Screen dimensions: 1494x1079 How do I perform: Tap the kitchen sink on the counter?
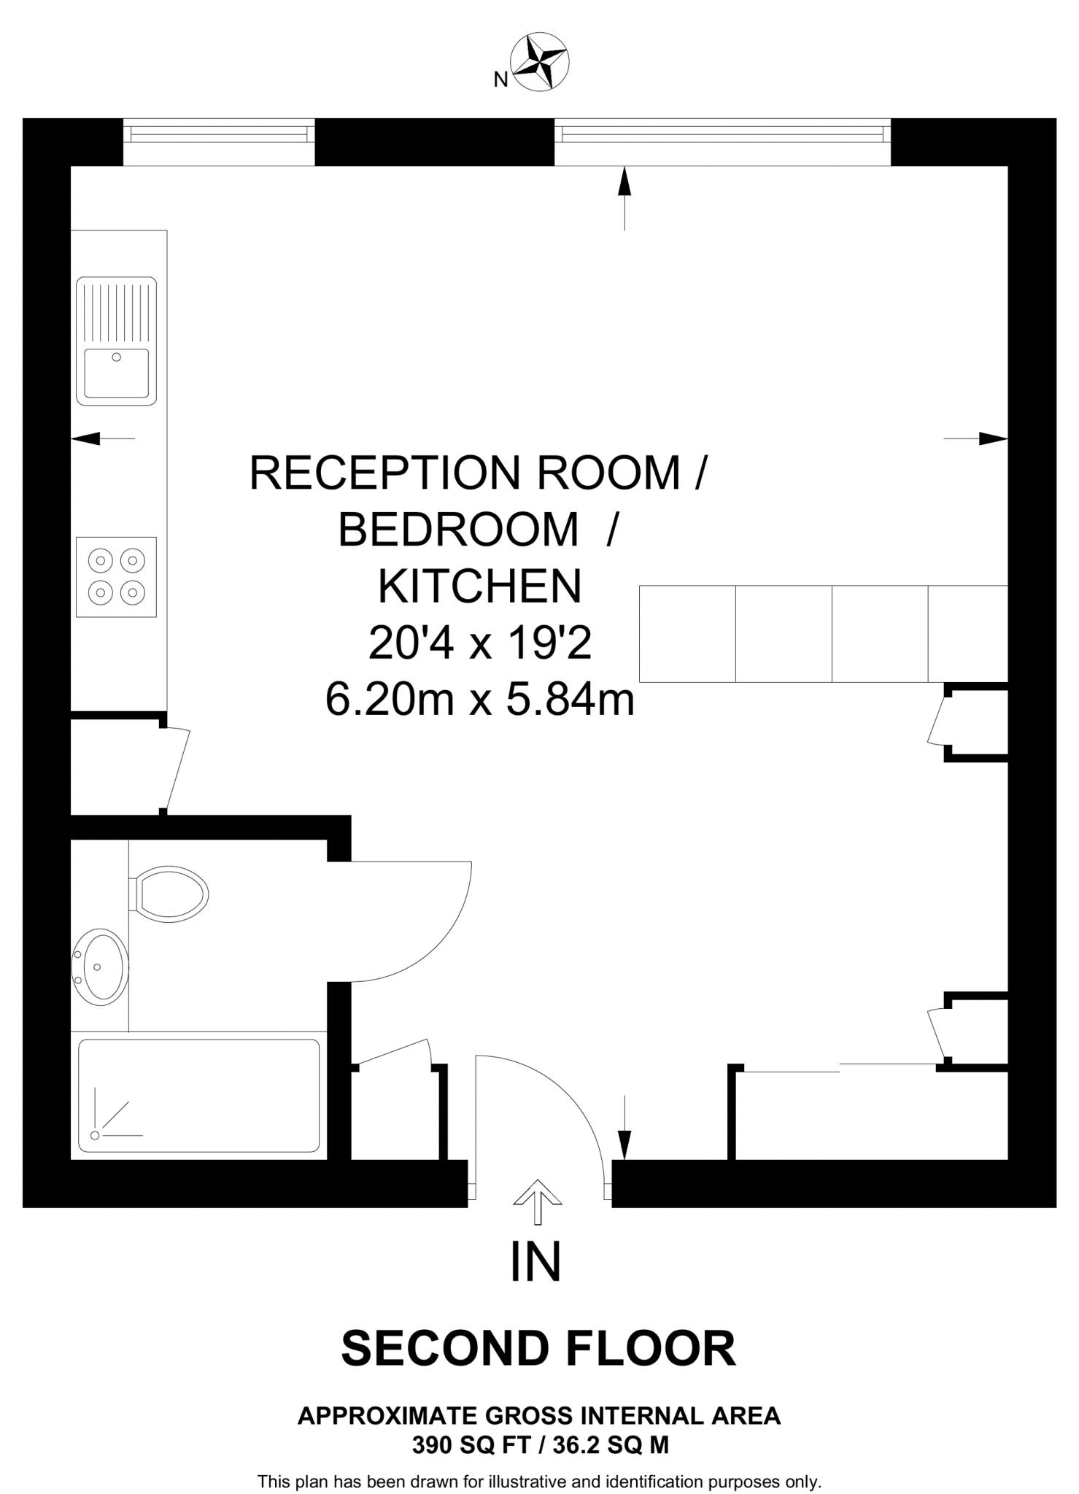(116, 341)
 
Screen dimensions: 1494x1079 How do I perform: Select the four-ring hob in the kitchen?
(116, 576)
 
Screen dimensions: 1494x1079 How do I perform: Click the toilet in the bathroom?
(170, 894)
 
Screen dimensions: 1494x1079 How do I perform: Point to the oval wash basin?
(101, 967)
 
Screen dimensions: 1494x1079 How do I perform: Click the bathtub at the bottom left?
(198, 1095)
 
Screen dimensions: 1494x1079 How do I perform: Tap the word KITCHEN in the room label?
(479, 586)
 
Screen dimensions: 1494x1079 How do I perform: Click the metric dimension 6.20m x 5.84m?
(479, 700)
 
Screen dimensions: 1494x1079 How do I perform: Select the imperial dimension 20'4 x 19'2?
(479, 643)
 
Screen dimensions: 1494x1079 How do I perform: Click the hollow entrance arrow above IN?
(538, 1201)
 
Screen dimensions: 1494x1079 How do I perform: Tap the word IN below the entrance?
(535, 1263)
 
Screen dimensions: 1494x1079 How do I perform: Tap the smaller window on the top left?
(219, 135)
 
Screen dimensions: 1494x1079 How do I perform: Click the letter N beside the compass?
(500, 80)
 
